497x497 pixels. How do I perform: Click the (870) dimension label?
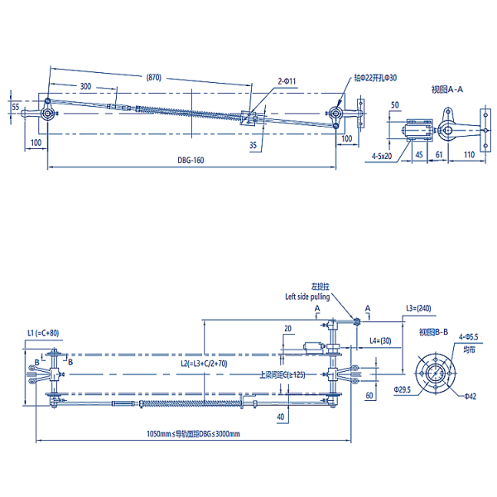point(153,77)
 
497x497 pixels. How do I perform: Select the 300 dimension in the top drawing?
point(85,87)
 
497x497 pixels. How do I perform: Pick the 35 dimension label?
point(252,145)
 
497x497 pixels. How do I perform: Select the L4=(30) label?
point(383,340)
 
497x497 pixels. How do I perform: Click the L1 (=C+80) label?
point(43,333)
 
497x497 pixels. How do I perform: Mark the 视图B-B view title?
point(433,332)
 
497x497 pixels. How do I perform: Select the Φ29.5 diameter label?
point(401,388)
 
